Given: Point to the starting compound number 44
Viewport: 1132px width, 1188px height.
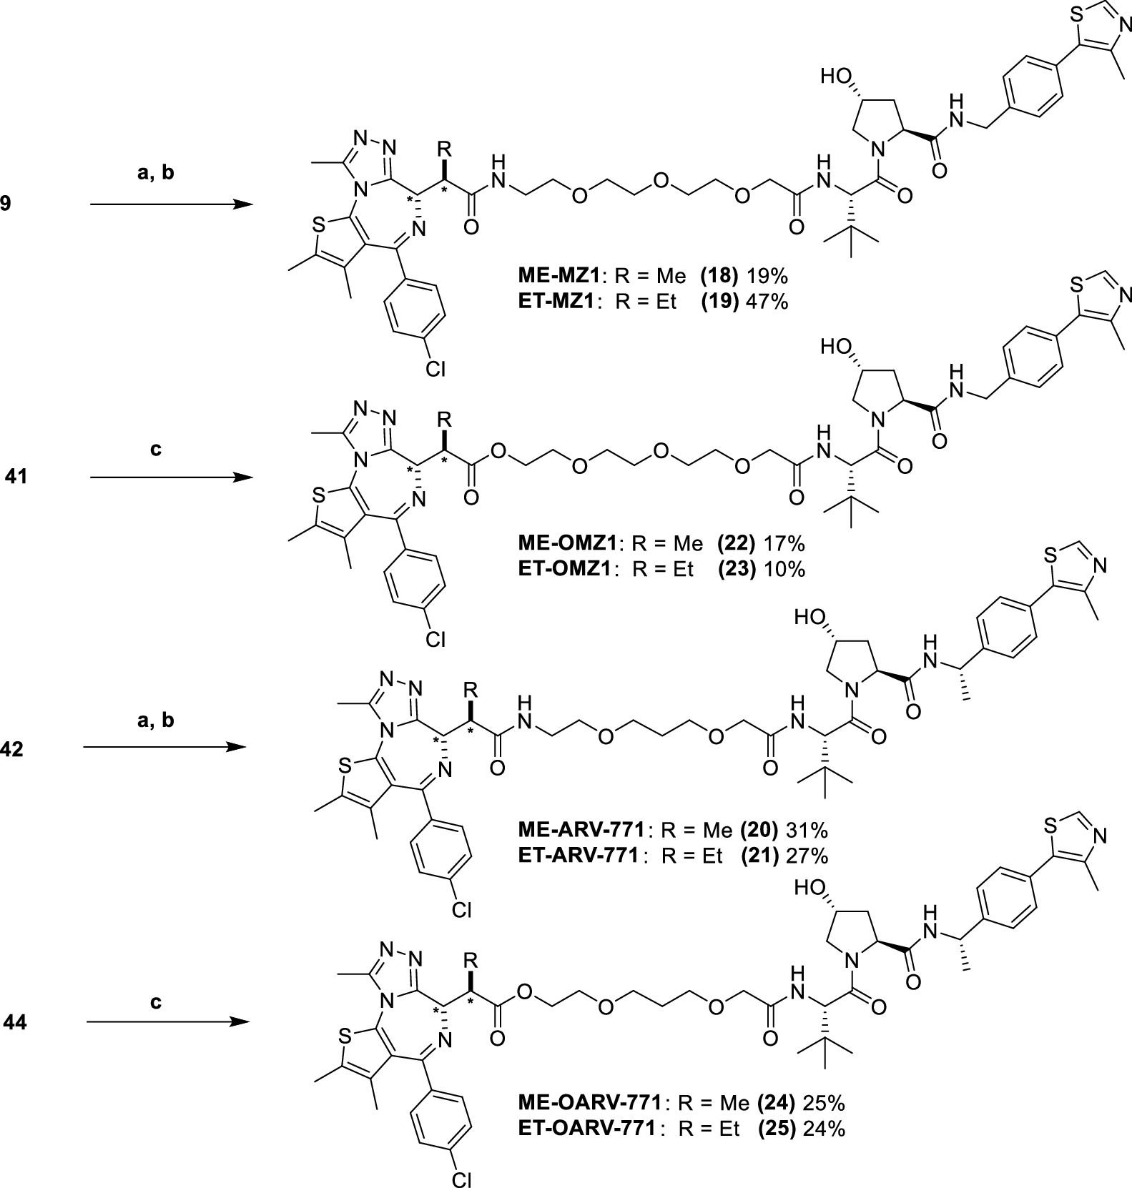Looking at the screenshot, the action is point(15,1023).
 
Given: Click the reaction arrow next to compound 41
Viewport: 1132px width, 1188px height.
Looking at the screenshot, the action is point(172,477).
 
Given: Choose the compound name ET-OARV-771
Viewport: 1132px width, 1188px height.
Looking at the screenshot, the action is point(587,1129).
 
